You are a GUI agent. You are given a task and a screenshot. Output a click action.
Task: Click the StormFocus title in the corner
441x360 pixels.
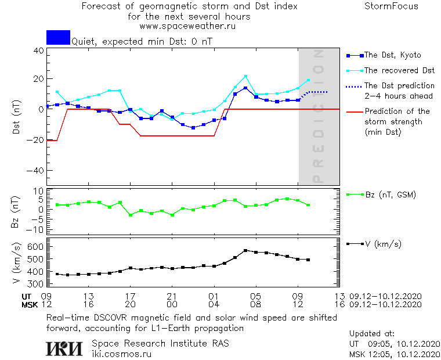point(392,6)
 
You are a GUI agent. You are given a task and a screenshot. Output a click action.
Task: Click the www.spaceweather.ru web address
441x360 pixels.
point(187,26)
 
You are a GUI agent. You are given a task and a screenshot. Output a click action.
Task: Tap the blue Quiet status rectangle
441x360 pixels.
point(58,37)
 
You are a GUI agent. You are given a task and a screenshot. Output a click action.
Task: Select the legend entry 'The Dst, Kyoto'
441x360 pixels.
point(392,55)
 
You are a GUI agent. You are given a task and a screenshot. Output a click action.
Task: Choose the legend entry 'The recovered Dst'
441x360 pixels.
point(399,70)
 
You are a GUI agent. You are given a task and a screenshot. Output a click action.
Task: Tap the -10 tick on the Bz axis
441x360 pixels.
point(37,229)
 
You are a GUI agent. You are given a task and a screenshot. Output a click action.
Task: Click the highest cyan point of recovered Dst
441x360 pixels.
point(245,76)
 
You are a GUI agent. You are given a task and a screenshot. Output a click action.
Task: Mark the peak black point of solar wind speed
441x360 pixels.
point(245,250)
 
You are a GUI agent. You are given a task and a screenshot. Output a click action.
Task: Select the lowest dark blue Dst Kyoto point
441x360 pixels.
point(193,128)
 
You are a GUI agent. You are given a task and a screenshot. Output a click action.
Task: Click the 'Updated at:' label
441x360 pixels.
point(372,334)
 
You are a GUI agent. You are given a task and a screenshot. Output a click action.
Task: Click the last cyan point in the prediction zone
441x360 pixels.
point(308,80)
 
